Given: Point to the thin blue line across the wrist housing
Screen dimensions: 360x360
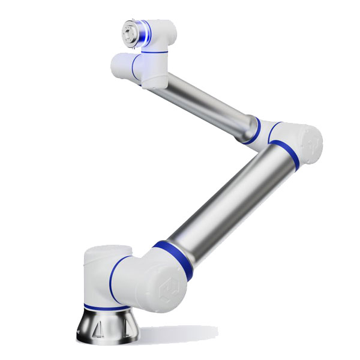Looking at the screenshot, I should point(154,52).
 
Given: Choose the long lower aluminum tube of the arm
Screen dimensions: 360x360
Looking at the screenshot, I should point(228,198).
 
